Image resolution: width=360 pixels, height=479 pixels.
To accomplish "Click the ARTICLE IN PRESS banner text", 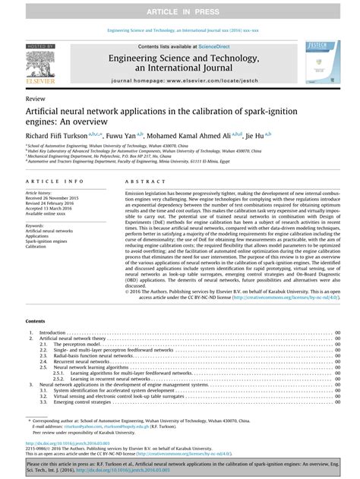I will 179,7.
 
